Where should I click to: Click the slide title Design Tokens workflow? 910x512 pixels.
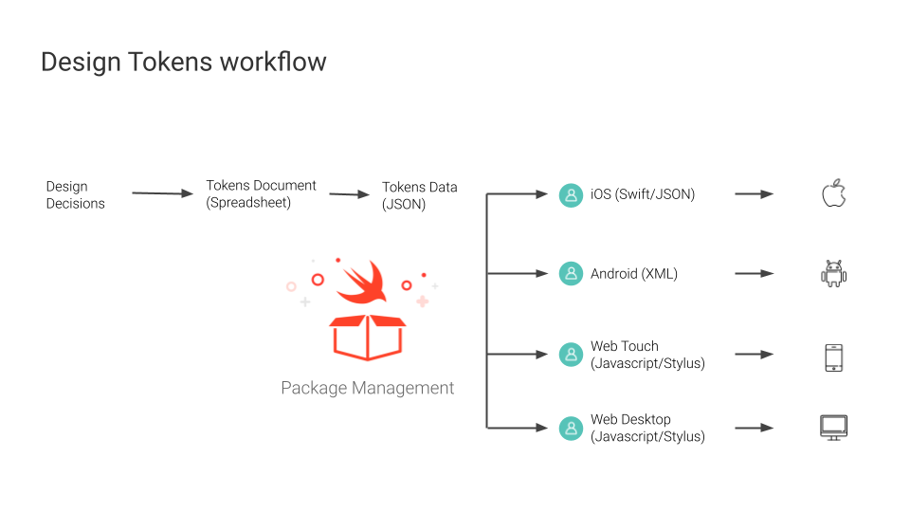(183, 63)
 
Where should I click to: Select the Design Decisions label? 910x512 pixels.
(76, 195)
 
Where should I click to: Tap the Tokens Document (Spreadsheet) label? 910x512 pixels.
(261, 193)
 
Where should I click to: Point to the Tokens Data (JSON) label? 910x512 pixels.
(420, 195)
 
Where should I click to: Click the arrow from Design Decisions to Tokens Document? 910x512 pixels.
(162, 193)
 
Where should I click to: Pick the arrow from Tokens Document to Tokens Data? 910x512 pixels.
(350, 194)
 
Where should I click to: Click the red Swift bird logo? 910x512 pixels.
(362, 283)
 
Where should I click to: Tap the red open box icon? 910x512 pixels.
(368, 338)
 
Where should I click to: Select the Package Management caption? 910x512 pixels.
(368, 388)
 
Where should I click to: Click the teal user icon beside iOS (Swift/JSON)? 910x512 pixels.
(571, 195)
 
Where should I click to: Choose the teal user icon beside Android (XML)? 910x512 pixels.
(571, 273)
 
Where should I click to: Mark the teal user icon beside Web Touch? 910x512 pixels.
(571, 354)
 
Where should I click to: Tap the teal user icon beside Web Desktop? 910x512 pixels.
(571, 429)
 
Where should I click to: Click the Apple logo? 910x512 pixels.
(834, 193)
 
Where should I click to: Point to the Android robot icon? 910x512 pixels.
(834, 273)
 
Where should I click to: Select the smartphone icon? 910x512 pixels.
(834, 357)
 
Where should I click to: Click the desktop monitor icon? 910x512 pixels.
(834, 428)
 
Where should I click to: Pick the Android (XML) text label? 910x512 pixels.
(634, 273)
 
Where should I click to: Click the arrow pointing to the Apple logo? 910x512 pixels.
(755, 194)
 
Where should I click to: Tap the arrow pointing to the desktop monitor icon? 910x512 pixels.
(755, 428)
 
